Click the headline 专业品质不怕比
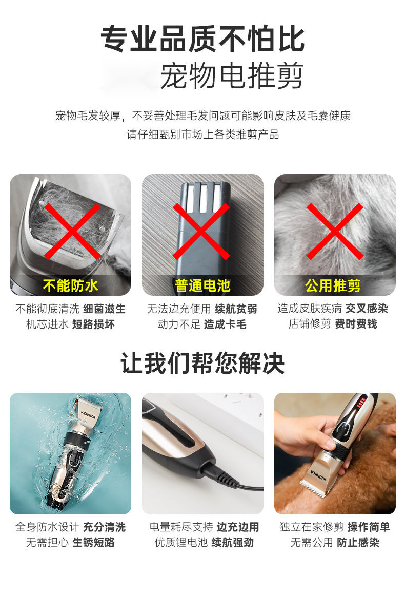point(202,39)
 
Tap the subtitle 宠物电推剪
point(232,77)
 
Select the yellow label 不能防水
point(70,285)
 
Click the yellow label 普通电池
point(202,285)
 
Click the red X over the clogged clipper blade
point(71,231)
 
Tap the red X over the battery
point(201,231)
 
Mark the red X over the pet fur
point(335,231)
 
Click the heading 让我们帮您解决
point(202,364)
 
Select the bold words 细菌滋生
point(104,309)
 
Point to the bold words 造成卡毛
point(225,324)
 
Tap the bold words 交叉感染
point(367,309)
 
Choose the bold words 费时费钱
point(356,324)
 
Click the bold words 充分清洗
point(104,527)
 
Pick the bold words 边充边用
point(238,527)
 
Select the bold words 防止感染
point(358,543)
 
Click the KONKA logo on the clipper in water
point(88,414)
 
